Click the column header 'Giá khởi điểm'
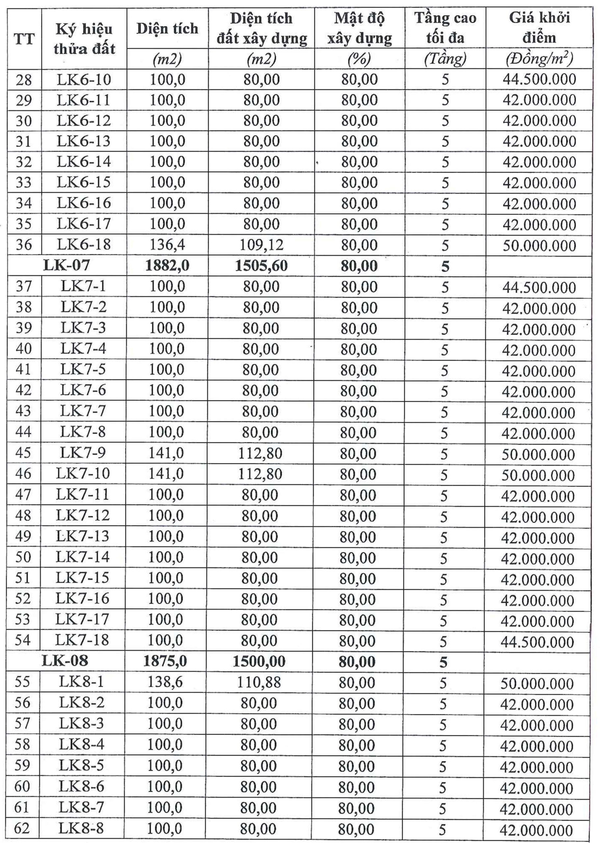[539, 28]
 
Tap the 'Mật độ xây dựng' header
[359, 28]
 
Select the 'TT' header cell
[24, 39]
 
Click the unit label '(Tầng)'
[445, 59]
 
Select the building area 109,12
[261, 245]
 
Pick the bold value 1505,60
[261, 266]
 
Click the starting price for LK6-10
[539, 79]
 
